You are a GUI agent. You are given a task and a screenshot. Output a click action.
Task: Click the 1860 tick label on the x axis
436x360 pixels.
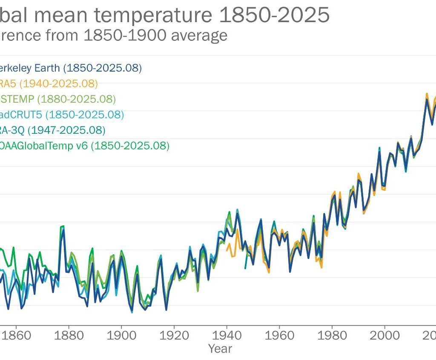(x=17, y=335)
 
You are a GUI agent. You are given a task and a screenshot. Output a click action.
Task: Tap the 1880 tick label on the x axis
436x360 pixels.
(x=69, y=335)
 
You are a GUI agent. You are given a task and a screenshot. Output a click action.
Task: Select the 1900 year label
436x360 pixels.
(x=122, y=335)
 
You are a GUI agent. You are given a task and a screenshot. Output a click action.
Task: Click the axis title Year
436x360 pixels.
(x=220, y=348)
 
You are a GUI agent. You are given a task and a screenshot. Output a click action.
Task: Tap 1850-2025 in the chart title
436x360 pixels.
(x=274, y=16)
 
